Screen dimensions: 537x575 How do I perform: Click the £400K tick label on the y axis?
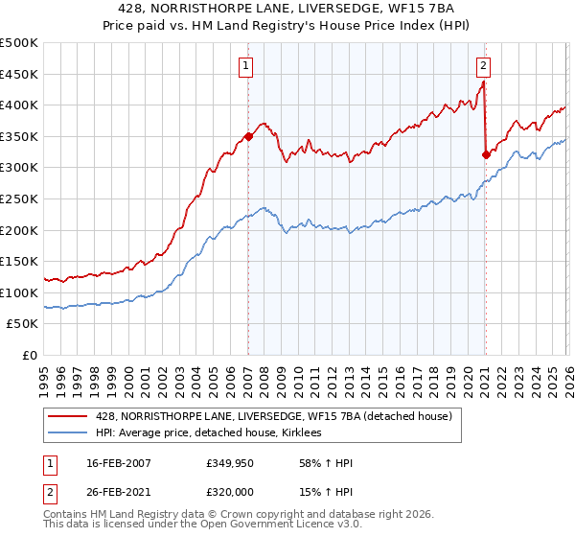19,105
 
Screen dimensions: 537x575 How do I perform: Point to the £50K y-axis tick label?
22,324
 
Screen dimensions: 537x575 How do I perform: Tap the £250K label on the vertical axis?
19,199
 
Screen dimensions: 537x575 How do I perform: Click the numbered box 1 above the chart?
246,66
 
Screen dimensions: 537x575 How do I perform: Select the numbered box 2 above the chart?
483,66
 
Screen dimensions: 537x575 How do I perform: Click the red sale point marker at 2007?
248,136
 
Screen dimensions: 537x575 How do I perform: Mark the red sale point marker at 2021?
486,154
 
